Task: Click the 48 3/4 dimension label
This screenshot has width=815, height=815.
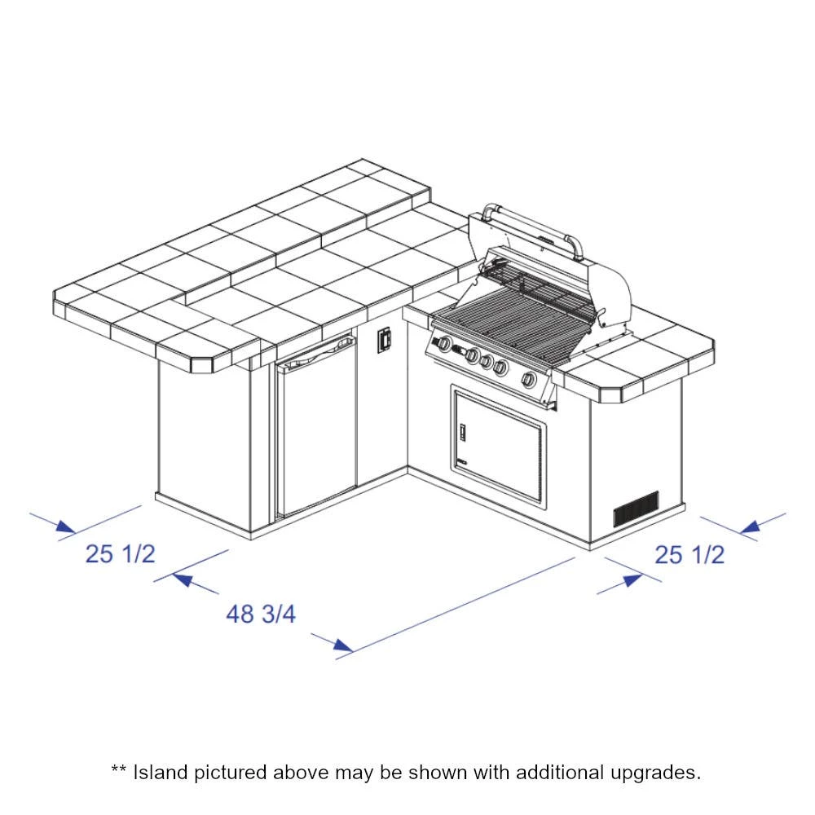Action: coord(261,614)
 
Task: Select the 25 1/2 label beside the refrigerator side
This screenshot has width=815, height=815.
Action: coord(120,553)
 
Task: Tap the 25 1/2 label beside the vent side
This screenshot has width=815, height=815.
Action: coord(689,554)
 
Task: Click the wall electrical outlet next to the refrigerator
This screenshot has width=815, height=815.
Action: coord(384,340)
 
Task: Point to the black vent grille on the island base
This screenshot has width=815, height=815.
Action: coord(637,508)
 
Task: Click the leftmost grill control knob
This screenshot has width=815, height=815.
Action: coord(445,344)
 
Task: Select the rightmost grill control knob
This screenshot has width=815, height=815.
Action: coord(529,380)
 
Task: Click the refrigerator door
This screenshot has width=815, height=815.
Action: coord(316,427)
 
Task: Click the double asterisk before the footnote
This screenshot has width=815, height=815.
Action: coord(119,769)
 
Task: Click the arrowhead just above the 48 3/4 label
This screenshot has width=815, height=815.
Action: coord(183,579)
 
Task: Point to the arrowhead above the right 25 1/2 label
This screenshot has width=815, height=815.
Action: coord(750,527)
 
